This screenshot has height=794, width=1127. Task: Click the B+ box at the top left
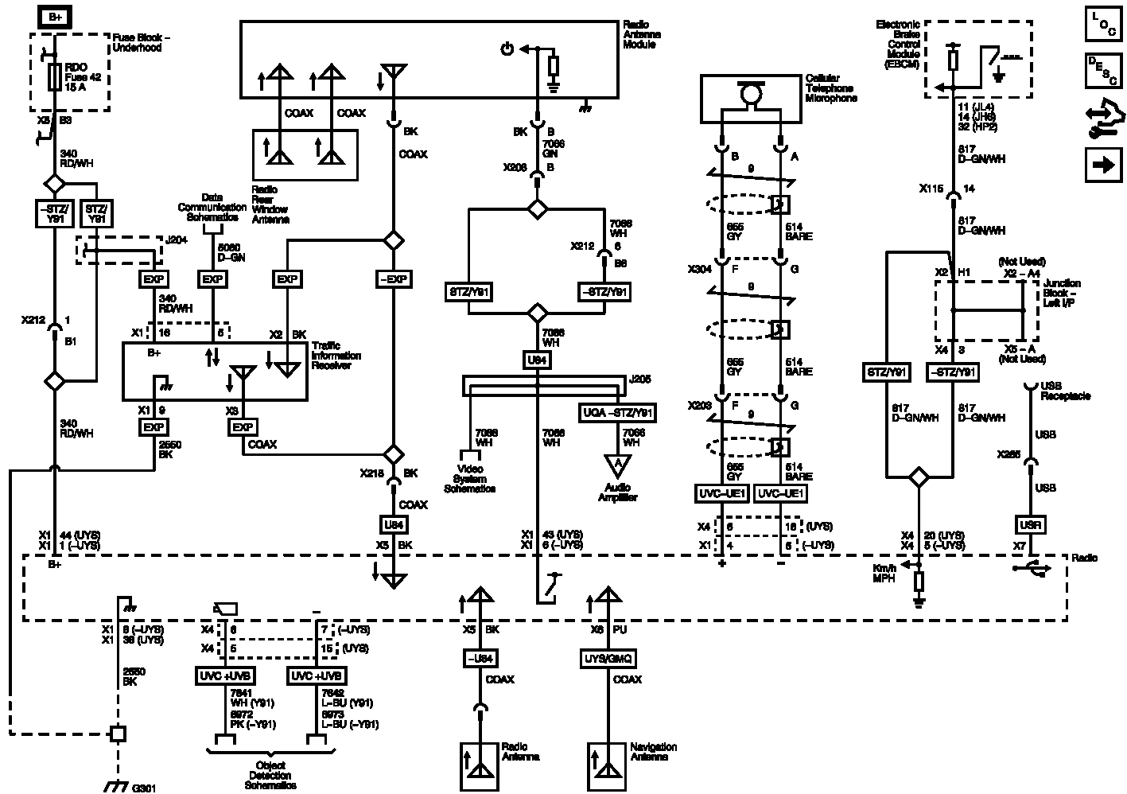pos(53,17)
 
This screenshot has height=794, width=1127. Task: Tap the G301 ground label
pos(144,788)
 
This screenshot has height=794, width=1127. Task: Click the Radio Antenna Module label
pos(641,35)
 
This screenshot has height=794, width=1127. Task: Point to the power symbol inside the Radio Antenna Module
pos(507,50)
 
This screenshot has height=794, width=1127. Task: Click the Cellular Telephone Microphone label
pos(830,88)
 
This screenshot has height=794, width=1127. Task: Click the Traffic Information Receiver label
pos(336,356)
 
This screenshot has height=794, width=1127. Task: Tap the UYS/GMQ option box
pos(608,659)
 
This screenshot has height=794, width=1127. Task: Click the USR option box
pos(1030,525)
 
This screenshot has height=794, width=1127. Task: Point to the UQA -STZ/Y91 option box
pos(617,413)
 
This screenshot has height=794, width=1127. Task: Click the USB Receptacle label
pos(1065,390)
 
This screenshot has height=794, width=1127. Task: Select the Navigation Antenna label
pos(653,752)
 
